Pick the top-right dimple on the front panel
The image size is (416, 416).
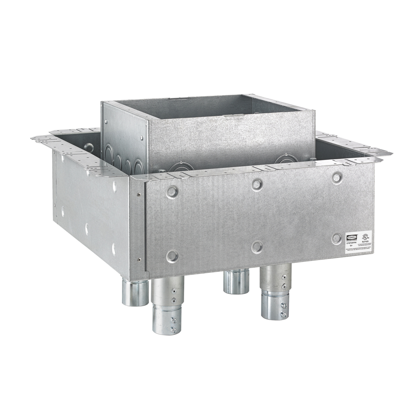click(x=336, y=177)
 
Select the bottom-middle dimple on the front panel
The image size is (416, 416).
click(x=257, y=246)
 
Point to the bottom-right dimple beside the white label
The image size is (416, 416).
click(x=336, y=237)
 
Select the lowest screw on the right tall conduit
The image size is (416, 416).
click(x=284, y=314)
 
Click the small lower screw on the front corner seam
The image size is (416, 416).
click(x=139, y=258)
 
